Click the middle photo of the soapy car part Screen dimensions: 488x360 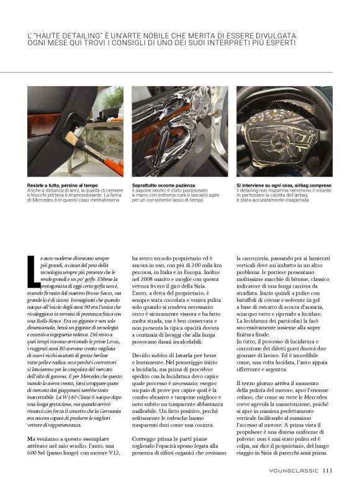pos(179,131)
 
